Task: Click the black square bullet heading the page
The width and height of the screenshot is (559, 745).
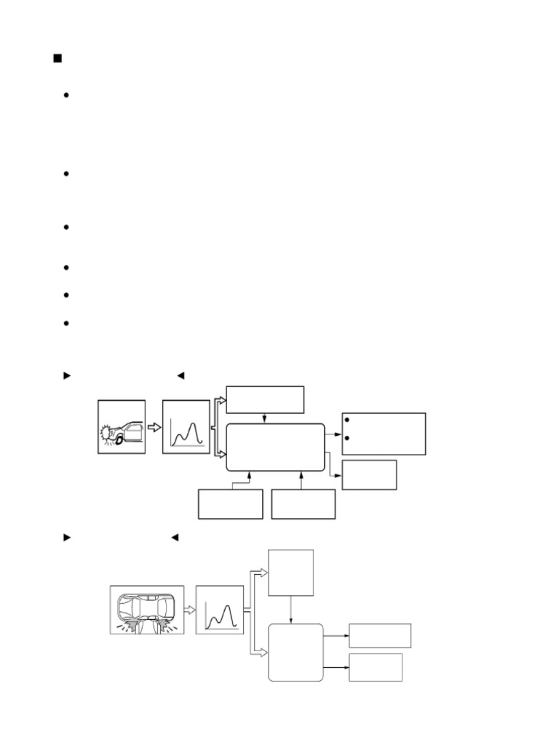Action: pyautogui.click(x=58, y=58)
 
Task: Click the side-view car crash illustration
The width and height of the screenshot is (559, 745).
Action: pyautogui.click(x=122, y=427)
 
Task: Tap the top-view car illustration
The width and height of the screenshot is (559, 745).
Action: pyautogui.click(x=147, y=610)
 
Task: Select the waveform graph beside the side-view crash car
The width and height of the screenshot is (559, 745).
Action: pyautogui.click(x=186, y=427)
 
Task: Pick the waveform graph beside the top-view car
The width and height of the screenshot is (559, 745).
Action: pyautogui.click(x=219, y=610)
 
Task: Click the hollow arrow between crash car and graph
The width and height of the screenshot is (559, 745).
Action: pyautogui.click(x=154, y=427)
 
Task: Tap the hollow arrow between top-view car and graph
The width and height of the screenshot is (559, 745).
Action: pyautogui.click(x=189, y=610)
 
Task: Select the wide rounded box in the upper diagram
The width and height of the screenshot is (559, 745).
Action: pyautogui.click(x=276, y=447)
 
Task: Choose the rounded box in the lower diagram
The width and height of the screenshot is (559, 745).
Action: pyautogui.click(x=296, y=652)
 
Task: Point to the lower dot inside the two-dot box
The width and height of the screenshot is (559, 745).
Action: pyautogui.click(x=349, y=439)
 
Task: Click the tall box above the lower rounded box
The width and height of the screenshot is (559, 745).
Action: pyautogui.click(x=291, y=573)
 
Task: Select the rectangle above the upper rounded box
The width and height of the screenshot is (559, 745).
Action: pyautogui.click(x=265, y=400)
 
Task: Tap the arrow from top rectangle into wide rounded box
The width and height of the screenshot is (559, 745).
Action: pyautogui.click(x=265, y=418)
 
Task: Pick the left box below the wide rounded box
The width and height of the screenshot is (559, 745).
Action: pyautogui.click(x=230, y=504)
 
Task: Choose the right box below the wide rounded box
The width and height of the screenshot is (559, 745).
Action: pyautogui.click(x=303, y=504)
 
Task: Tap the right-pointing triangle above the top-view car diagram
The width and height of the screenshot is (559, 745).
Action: pyautogui.click(x=67, y=538)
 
